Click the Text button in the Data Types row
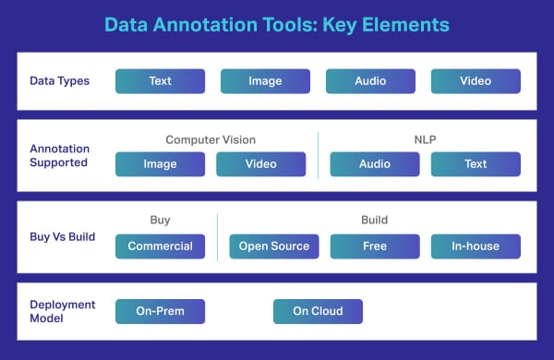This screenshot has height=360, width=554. point(160,81)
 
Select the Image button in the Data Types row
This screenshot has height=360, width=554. point(265,81)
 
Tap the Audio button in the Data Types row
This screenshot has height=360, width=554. point(370,81)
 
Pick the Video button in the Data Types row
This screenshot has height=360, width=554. point(476,81)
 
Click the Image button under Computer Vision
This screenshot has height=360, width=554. point(160,164)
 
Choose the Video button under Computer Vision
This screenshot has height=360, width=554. point(260,164)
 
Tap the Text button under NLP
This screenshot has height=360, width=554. point(476,164)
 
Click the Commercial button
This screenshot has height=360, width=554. point(160,246)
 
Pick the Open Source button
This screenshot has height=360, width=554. point(274,246)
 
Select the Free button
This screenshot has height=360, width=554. point(375,246)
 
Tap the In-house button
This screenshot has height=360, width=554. point(476,246)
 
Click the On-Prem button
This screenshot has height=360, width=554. point(160,311)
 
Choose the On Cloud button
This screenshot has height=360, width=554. point(318,311)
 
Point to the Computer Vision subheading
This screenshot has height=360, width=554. point(210,140)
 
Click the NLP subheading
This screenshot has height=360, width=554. point(425,140)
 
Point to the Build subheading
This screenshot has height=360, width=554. point(374,222)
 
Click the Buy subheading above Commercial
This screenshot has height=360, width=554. point(160,222)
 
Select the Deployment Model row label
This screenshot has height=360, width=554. point(57,311)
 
